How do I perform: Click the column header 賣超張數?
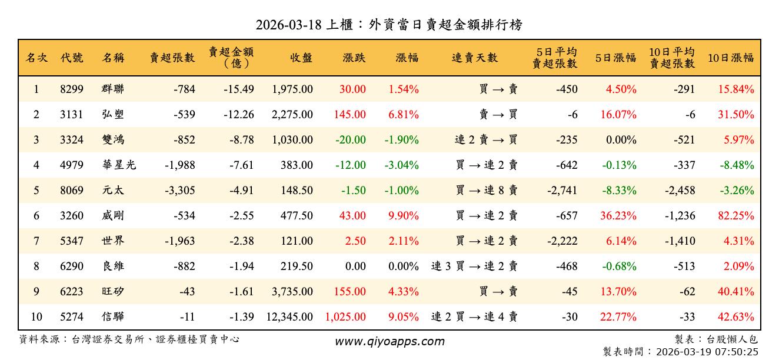coord(172,58)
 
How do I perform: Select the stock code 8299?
coord(72,89)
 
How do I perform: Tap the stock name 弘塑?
coord(113,115)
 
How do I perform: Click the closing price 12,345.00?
coord(289,317)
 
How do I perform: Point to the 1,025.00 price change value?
coord(345,317)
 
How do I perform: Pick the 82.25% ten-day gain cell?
coord(736,216)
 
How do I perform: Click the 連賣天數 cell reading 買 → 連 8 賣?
coord(487,191)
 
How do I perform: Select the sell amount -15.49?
coord(239,89)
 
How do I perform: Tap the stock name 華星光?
coord(119,165)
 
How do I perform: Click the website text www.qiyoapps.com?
coord(389,341)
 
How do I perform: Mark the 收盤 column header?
coord(301,58)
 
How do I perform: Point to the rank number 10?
coord(36,317)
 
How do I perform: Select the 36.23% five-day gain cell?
coord(618,216)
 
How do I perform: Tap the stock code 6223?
coord(72,292)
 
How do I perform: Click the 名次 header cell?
coord(36,58)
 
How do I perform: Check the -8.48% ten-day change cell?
coord(736,165)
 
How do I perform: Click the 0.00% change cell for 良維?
coord(404,266)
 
